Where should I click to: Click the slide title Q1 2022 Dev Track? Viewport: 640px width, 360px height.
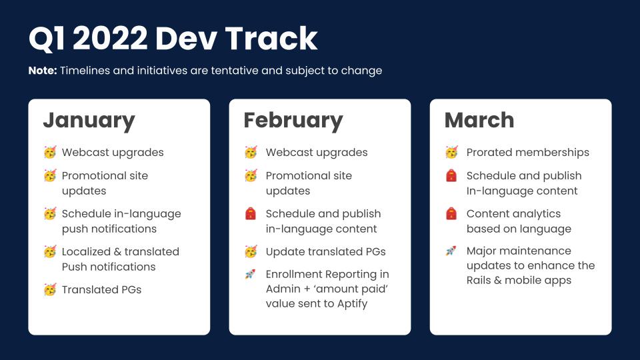173,39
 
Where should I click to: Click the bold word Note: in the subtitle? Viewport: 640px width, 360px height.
43,71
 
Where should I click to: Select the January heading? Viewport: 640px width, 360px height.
89,120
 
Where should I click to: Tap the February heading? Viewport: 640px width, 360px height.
293,120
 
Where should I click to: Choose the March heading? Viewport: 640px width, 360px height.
479,120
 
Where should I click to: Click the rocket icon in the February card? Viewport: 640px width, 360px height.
251,274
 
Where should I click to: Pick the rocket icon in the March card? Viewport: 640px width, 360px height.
451,251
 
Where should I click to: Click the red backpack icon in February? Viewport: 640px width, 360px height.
251,214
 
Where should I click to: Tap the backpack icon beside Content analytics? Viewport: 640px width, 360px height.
451,214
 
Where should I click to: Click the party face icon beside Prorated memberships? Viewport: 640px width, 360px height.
451,153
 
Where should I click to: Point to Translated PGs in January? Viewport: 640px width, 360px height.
101,289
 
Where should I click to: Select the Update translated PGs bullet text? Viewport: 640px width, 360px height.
325,251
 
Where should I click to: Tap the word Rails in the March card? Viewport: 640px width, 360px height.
481,280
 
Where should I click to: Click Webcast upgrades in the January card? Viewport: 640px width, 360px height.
113,153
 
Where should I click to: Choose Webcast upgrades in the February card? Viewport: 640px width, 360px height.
317,153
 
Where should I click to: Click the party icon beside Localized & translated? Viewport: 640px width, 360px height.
50,252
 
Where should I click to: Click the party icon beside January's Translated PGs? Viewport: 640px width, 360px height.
50,290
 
